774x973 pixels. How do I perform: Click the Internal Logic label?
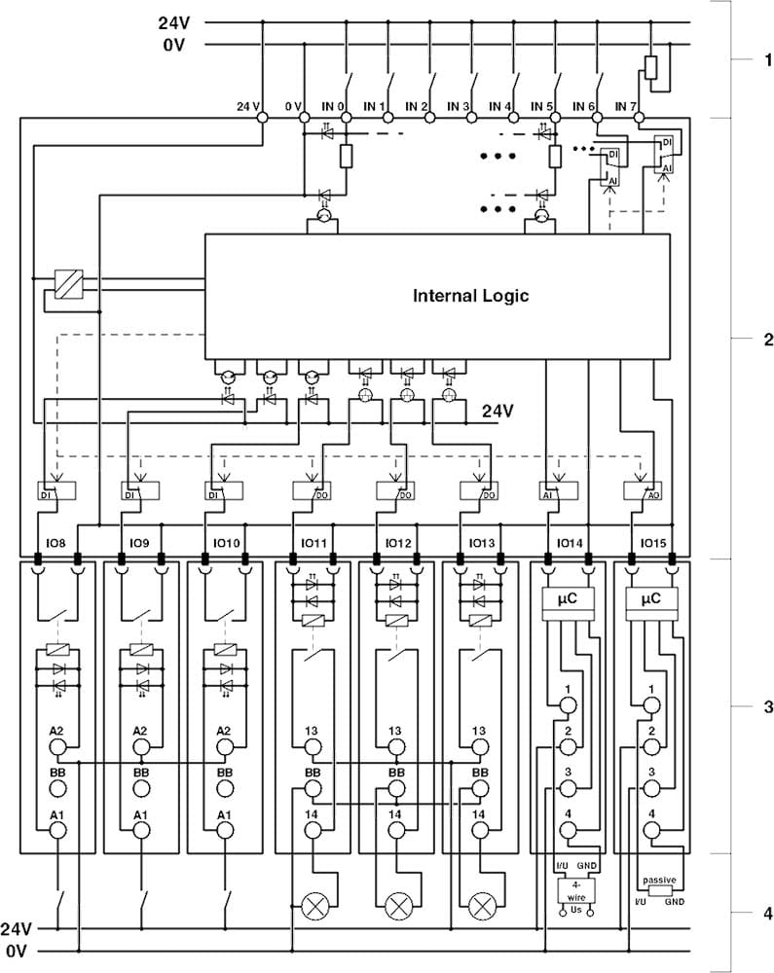pos(470,296)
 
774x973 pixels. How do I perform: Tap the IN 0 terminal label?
pos(335,105)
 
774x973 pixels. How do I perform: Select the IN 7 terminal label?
pos(626,105)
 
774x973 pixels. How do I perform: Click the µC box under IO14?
pos(567,600)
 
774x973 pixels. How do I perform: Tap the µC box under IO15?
pos(651,600)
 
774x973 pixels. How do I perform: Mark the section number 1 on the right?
pos(767,59)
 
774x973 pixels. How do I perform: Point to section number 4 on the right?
pos(767,914)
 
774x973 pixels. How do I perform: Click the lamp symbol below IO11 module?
pos(314,906)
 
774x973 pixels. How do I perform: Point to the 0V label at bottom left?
pos(18,950)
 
